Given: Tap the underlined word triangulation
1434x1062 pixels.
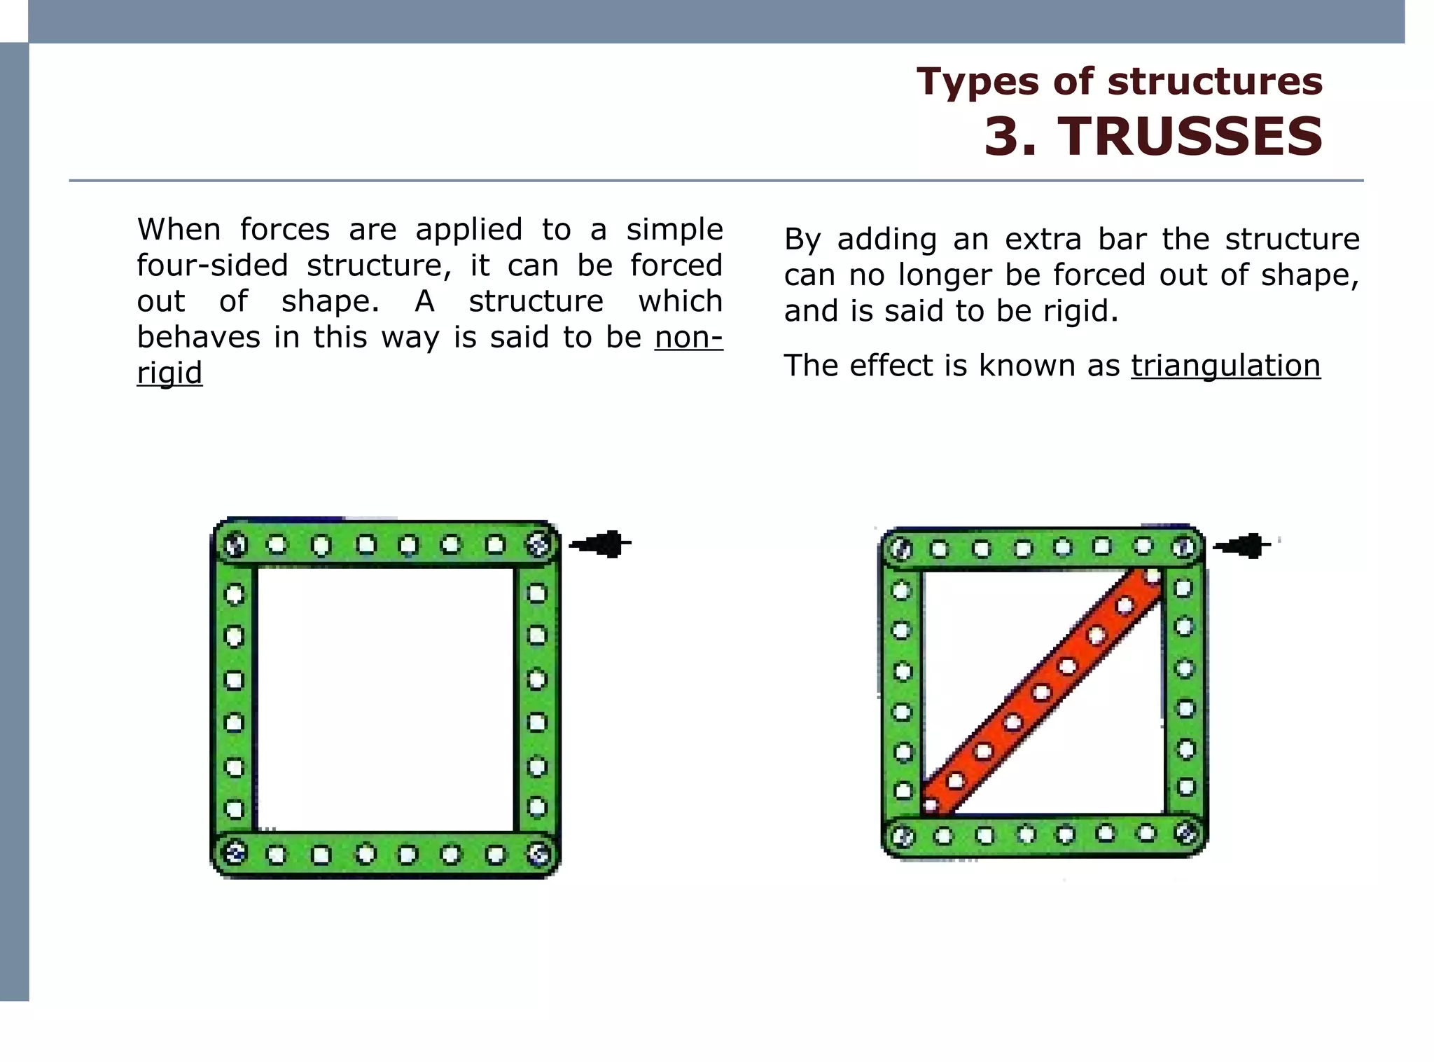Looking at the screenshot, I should point(1225,366).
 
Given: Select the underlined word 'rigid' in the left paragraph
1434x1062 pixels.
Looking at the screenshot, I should point(169,372).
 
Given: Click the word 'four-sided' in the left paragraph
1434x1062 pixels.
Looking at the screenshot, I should point(212,265).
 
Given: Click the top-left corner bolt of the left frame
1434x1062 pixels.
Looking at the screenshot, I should point(235,544).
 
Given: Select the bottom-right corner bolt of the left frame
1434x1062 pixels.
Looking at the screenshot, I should point(538,853).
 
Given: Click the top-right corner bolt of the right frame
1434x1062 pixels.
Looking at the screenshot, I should point(1184,547).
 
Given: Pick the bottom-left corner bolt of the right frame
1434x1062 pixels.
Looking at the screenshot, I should point(903,836).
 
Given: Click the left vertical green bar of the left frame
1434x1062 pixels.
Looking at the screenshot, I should point(234,701).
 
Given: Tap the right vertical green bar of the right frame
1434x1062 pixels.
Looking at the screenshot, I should point(1185,690).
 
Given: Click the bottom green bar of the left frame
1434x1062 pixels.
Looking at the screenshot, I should point(386,855).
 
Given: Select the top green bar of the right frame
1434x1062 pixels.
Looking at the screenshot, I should point(1043,548).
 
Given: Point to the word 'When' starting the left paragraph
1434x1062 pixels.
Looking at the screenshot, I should point(179,230).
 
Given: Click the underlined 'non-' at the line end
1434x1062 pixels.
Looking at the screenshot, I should point(688,338).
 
